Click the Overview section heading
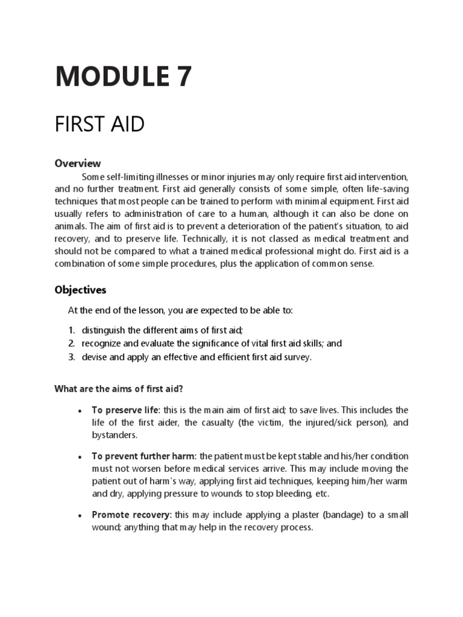coord(78,163)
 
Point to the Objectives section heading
coord(80,290)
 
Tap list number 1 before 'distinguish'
coord(71,330)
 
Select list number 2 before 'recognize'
coord(71,343)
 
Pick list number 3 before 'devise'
coord(71,357)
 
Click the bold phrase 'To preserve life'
coord(125,410)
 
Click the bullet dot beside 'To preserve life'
coord(80,411)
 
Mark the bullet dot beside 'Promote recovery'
coord(80,515)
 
